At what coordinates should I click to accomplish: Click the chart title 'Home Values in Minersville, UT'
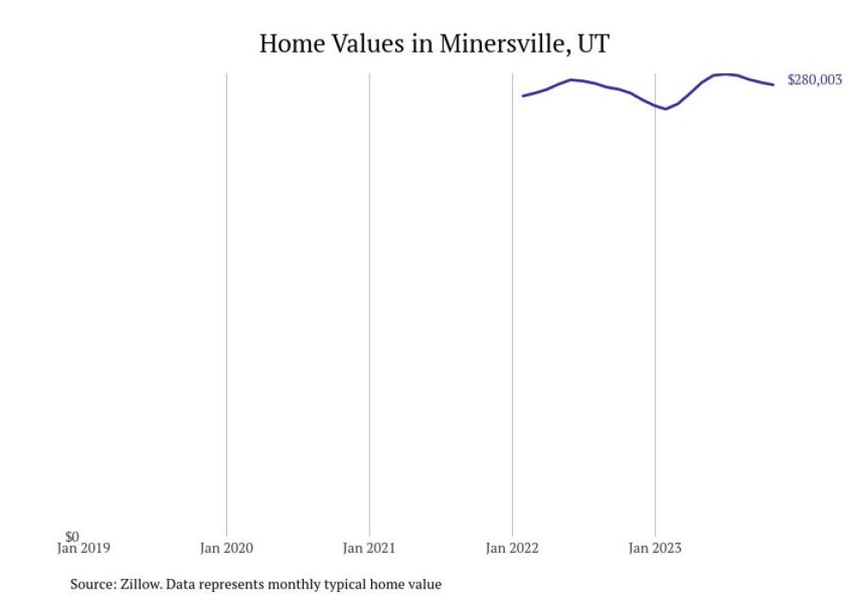[434, 44]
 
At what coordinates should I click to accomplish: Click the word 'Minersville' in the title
[500, 44]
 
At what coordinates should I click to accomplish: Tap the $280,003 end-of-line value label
[814, 80]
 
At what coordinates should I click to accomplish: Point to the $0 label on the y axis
[72, 537]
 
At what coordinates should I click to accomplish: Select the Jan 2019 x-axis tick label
[84, 548]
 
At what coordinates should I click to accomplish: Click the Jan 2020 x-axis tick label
[226, 548]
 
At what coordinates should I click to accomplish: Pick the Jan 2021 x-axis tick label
[369, 548]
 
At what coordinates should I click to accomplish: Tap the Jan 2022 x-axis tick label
[512, 548]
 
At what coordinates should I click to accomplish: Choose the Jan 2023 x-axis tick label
[654, 548]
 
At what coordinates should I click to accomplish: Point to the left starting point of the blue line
[523, 96]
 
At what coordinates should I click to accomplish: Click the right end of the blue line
[773, 85]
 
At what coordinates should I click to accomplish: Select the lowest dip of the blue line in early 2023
[666, 109]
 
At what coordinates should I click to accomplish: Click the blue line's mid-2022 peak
[571, 79]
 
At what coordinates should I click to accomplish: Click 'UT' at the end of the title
[593, 44]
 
